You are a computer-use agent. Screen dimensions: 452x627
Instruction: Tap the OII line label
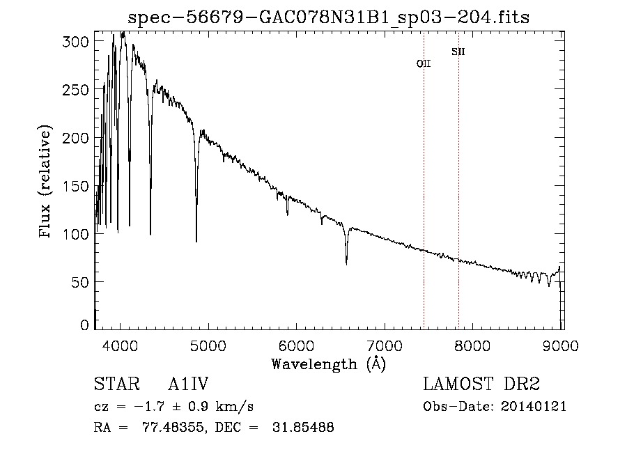tap(424, 63)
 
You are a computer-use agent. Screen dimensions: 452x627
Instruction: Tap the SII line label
tap(458, 52)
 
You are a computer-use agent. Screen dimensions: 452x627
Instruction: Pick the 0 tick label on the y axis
tap(85, 325)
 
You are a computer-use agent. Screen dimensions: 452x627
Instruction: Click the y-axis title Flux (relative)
tap(47, 182)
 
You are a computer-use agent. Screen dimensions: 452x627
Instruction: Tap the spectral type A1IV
tap(188, 385)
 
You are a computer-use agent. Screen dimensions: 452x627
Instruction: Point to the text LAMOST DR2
tap(481, 385)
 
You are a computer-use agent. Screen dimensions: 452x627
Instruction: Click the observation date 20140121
tap(533, 407)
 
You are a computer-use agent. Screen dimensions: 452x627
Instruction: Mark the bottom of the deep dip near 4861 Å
tap(196, 241)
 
